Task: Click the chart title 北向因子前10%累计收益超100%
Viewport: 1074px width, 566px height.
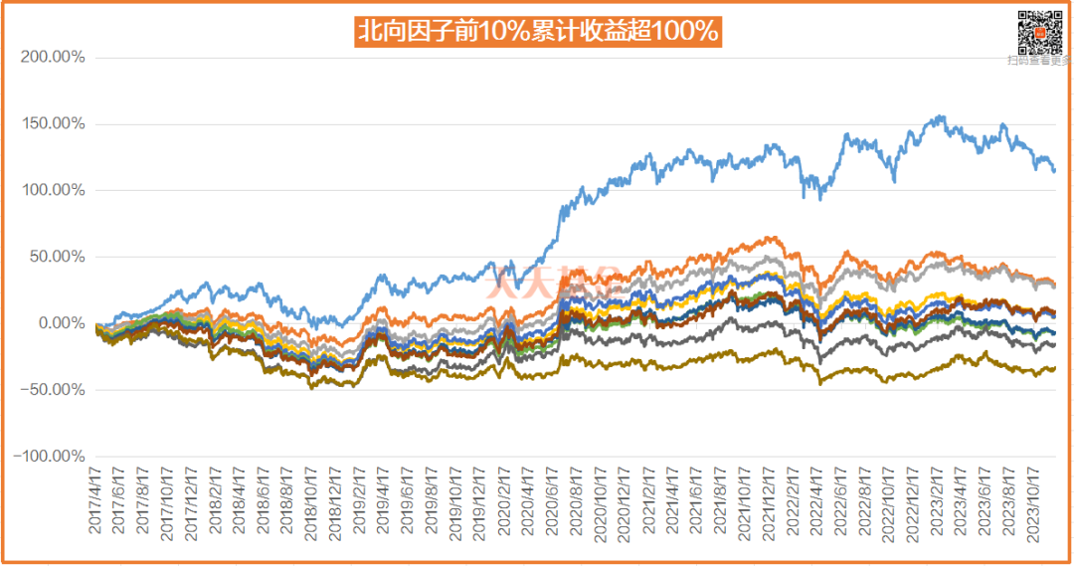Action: click(537, 31)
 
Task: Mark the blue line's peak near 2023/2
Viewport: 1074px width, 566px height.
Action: click(940, 116)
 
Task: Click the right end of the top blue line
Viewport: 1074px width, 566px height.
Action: click(1055, 170)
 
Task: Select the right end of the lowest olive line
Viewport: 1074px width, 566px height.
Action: click(1055, 368)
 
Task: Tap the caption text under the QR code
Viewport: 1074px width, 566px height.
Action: click(1038, 60)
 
